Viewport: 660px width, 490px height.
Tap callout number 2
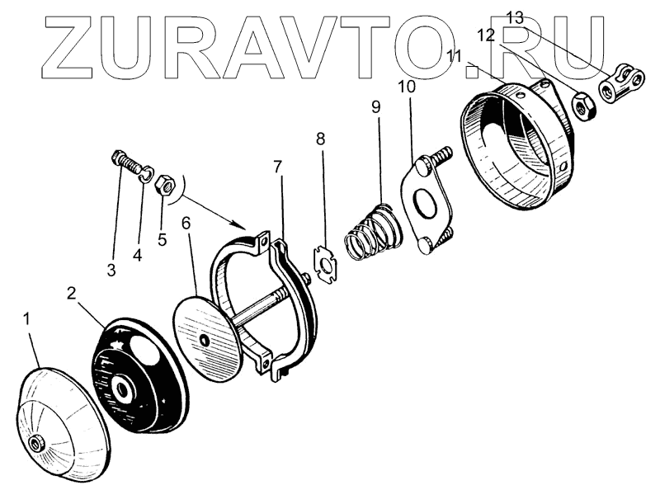click(x=72, y=293)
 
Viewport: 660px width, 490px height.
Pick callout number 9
click(x=376, y=107)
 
